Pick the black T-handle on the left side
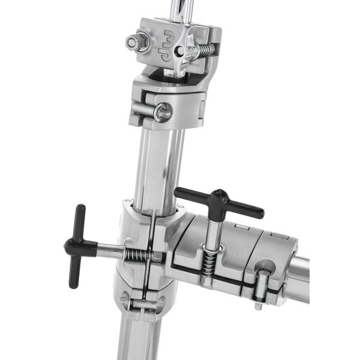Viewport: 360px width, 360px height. tap(76, 245)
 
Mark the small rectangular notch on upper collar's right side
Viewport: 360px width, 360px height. tap(202, 109)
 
